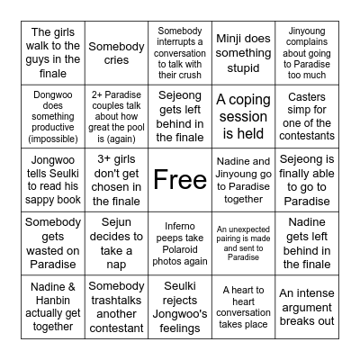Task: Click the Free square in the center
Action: coord(179,180)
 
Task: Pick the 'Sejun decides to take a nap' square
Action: coord(115,243)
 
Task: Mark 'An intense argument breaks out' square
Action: coord(306,306)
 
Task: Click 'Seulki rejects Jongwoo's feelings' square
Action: coord(179,306)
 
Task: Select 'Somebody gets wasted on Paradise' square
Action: coord(52,243)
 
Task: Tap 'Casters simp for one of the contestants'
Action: coord(306,115)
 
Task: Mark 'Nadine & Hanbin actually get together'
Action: coord(52,306)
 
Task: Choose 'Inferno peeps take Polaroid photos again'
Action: coord(179,243)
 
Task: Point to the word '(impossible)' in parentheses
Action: coord(52,138)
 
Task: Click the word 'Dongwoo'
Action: coord(52,92)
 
